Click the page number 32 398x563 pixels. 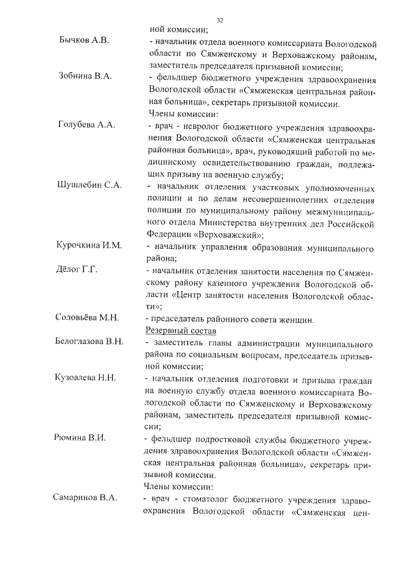tap(220, 21)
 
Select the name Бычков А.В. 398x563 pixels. tap(83, 41)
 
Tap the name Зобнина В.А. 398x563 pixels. tap(84, 77)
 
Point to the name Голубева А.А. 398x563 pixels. tap(86, 124)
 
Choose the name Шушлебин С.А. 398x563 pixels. tap(89, 185)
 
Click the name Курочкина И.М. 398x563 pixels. tap(88, 246)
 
